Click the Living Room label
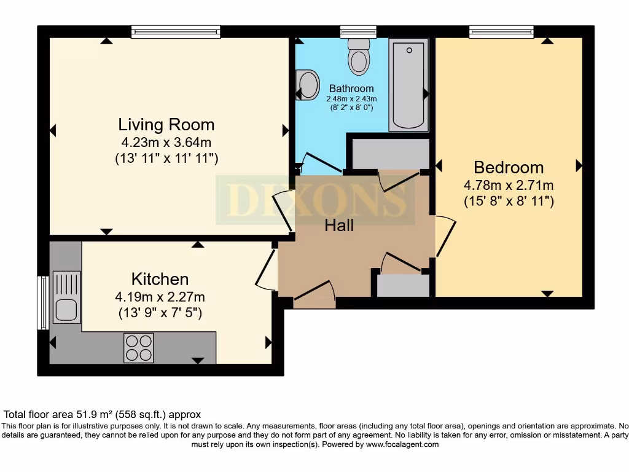(166, 125)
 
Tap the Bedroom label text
(509, 167)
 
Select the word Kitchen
(160, 279)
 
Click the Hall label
(339, 226)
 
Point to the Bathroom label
(351, 88)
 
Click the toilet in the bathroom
(358, 57)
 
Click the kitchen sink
(66, 297)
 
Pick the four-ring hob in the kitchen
(139, 347)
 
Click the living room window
(175, 31)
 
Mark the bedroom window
(501, 31)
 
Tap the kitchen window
(43, 303)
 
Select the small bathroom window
(358, 31)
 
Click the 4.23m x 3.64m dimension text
(166, 143)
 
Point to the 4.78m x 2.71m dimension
(509, 185)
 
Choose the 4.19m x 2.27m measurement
(160, 297)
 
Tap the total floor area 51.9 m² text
(103, 415)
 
